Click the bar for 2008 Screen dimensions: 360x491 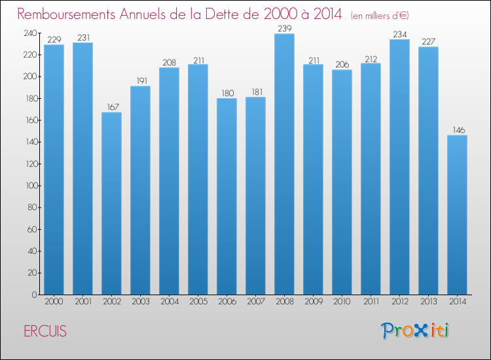[284, 164]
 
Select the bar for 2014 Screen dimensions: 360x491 [457, 215]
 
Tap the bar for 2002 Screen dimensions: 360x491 [111, 203]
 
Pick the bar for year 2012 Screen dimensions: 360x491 [399, 167]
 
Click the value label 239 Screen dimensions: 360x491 [284, 28]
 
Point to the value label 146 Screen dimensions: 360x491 [457, 130]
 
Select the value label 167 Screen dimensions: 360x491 [111, 107]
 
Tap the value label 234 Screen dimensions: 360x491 [399, 34]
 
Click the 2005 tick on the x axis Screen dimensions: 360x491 [198, 302]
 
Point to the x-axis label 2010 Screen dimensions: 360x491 [342, 302]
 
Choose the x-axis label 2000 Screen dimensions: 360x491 [54, 302]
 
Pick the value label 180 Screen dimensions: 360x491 [227, 93]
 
